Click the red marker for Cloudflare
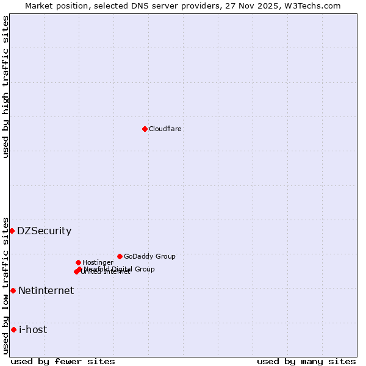[x=145, y=129]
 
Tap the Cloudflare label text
[x=165, y=129]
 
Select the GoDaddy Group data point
[x=120, y=256]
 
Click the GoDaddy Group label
[x=149, y=256]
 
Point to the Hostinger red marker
[x=78, y=262]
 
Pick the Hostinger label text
[x=98, y=262]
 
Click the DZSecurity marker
[x=12, y=231]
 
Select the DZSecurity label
[x=44, y=231]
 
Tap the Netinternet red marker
[x=13, y=290]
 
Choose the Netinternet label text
[x=46, y=290]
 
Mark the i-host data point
[x=13, y=329]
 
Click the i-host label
[x=33, y=329]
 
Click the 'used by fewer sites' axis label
[x=63, y=361]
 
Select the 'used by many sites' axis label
[x=306, y=361]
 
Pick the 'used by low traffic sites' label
[x=5, y=285]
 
